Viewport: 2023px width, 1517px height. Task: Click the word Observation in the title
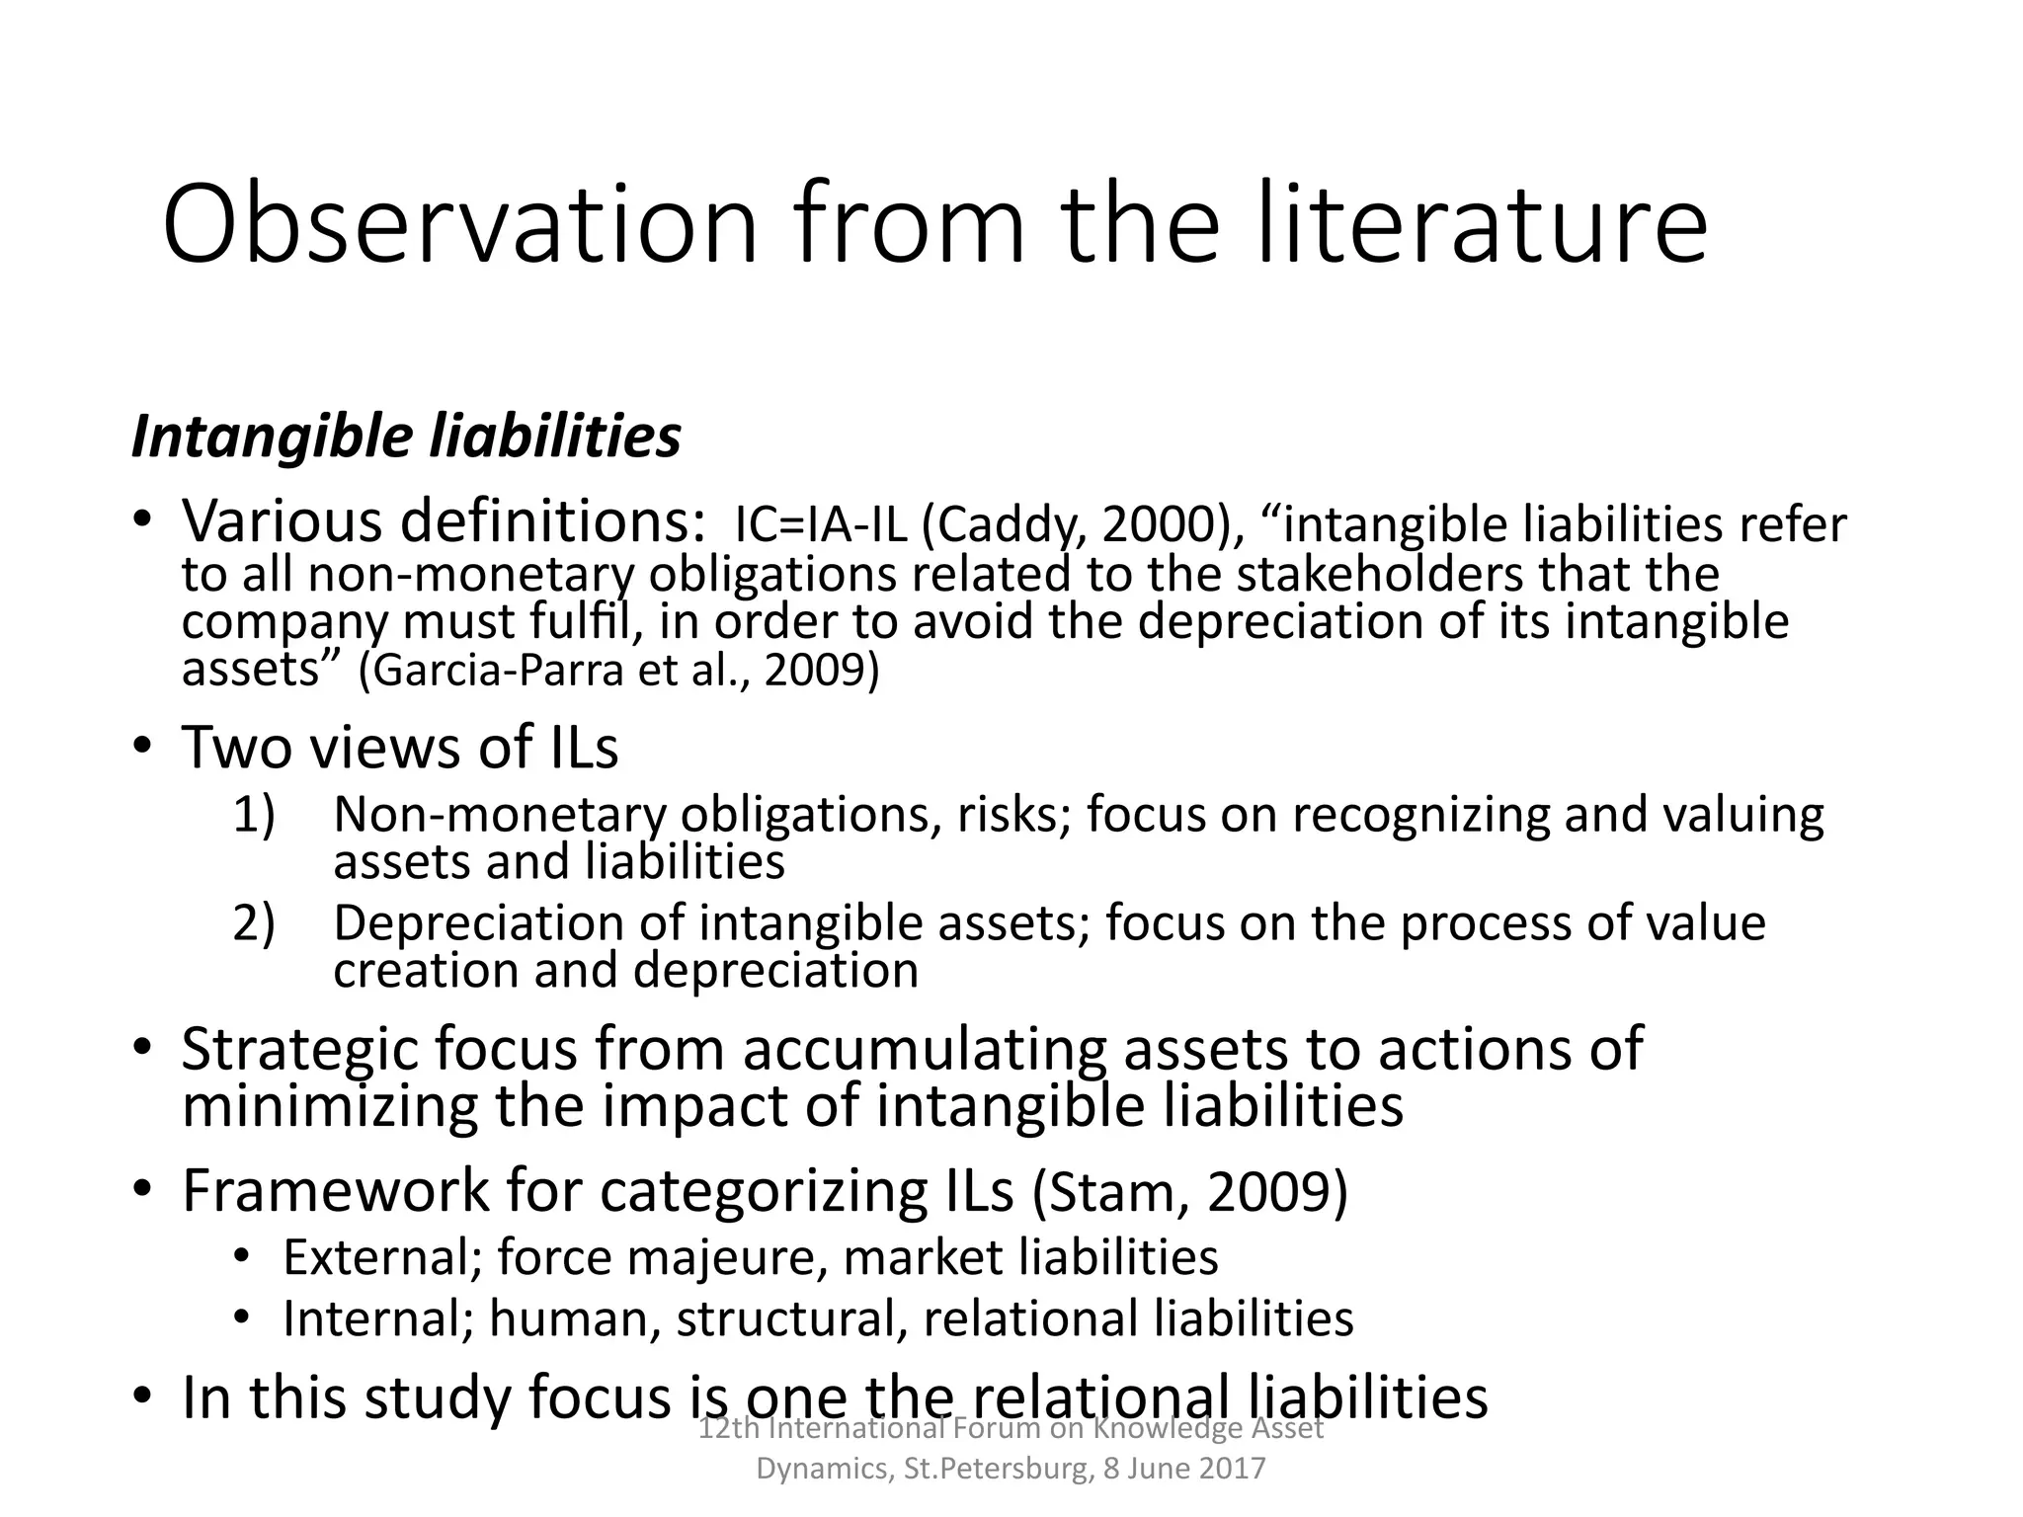(x=459, y=225)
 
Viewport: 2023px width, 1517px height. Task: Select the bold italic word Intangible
(x=272, y=438)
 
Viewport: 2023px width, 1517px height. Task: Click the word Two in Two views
(x=235, y=748)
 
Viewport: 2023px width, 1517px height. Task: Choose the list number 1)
(x=254, y=816)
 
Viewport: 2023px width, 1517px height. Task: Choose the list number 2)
(x=254, y=923)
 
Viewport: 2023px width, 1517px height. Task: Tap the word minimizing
(x=330, y=1105)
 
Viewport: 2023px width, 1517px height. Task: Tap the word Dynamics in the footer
(x=826, y=1470)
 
